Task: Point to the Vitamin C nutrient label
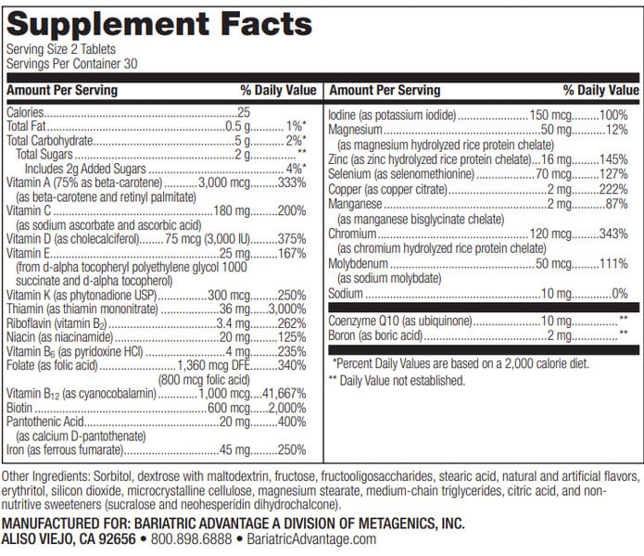click(x=29, y=210)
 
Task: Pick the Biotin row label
click(x=21, y=408)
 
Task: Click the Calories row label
click(x=28, y=111)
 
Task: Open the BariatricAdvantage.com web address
click(x=320, y=539)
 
